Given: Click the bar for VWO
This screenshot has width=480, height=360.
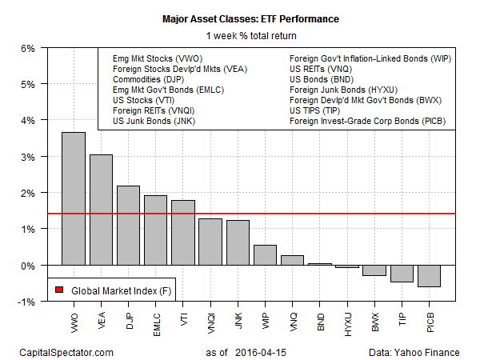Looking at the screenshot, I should click(x=74, y=198).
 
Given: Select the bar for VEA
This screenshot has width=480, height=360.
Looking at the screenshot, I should click(x=101, y=210).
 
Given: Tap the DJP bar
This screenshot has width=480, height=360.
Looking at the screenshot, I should click(x=128, y=225).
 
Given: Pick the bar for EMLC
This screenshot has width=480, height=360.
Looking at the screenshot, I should click(x=155, y=230).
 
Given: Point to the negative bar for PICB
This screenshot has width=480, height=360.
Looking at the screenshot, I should click(x=429, y=275).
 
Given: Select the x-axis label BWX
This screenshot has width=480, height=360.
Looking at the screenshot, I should click(x=374, y=320).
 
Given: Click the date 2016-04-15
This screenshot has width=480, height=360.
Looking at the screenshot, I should click(x=269, y=352).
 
